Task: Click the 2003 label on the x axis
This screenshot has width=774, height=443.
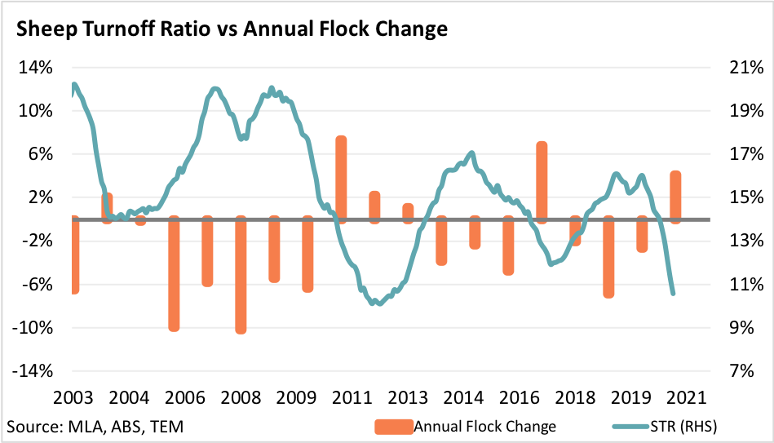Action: point(73,398)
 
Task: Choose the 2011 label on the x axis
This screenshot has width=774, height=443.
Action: point(352,398)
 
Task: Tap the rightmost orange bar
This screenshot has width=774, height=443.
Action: point(675,196)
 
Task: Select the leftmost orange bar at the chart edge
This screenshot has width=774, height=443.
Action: point(75,255)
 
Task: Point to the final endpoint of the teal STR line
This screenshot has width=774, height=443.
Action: point(673,293)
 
